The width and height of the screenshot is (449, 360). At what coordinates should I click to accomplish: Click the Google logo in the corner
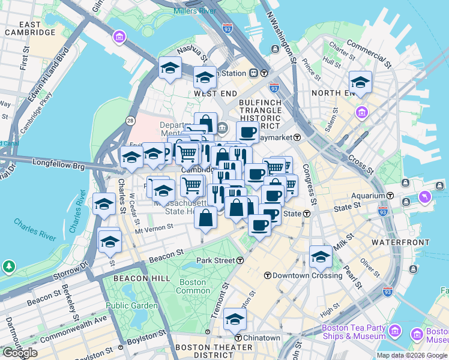(20, 353)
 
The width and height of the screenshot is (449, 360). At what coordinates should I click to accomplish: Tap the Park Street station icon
(240, 260)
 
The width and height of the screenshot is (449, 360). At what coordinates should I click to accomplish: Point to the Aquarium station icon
(390, 196)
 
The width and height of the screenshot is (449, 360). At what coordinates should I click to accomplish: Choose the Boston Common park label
(193, 286)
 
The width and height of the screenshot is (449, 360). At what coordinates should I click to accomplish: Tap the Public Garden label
(131, 305)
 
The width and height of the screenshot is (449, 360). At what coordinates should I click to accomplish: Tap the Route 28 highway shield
(130, 121)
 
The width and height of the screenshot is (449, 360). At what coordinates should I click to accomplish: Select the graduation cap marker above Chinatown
(235, 319)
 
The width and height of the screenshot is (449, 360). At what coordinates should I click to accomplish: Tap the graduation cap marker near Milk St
(321, 257)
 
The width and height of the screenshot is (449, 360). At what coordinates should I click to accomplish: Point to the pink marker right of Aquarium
(426, 196)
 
